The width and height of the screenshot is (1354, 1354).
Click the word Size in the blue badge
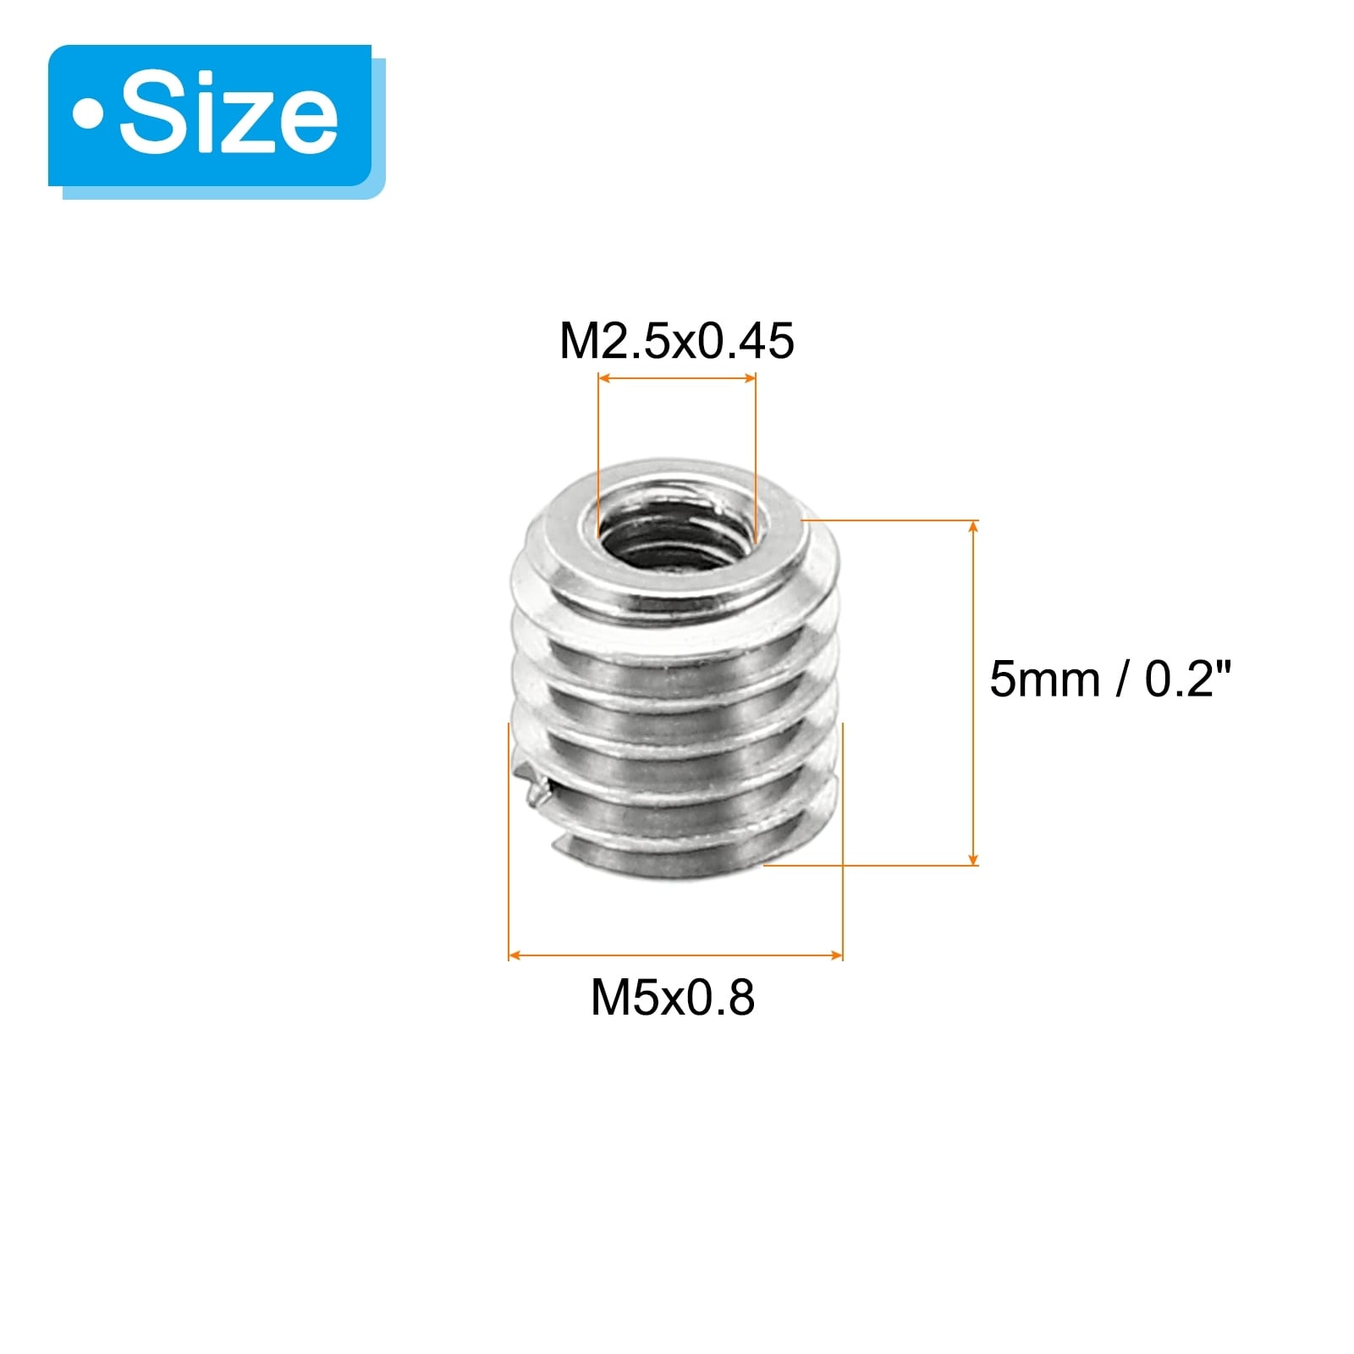228,115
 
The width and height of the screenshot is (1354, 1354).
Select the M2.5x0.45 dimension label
677,341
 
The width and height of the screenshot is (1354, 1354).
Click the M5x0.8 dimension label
673,998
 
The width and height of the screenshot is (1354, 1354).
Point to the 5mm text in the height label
1045,680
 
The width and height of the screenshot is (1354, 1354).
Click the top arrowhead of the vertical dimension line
974,526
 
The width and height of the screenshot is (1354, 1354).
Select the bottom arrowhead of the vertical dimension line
974,858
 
